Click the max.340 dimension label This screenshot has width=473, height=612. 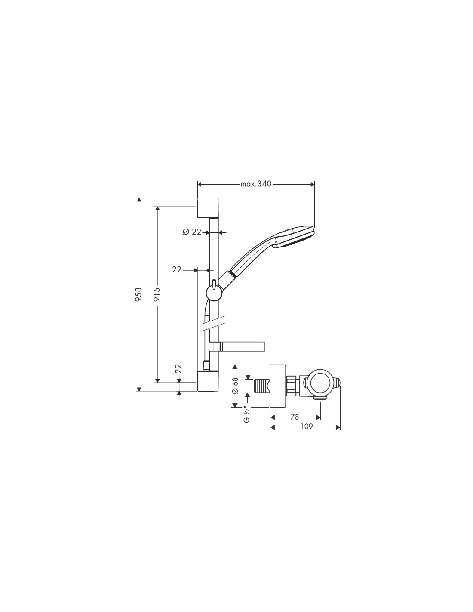(x=256, y=184)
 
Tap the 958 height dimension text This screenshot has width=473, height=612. (x=138, y=294)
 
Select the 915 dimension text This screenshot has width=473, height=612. (x=157, y=294)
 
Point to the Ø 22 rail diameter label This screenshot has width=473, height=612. (x=192, y=232)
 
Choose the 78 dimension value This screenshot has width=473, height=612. (x=294, y=417)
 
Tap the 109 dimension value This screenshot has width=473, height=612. (x=307, y=427)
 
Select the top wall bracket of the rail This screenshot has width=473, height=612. (x=208, y=208)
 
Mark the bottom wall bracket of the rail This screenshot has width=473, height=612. (x=208, y=381)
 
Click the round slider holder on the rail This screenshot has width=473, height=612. (x=214, y=293)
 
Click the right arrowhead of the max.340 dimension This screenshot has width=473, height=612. (x=312, y=184)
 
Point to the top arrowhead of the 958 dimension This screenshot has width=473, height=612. (x=138, y=200)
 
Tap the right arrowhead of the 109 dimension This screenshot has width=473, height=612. (x=338, y=427)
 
